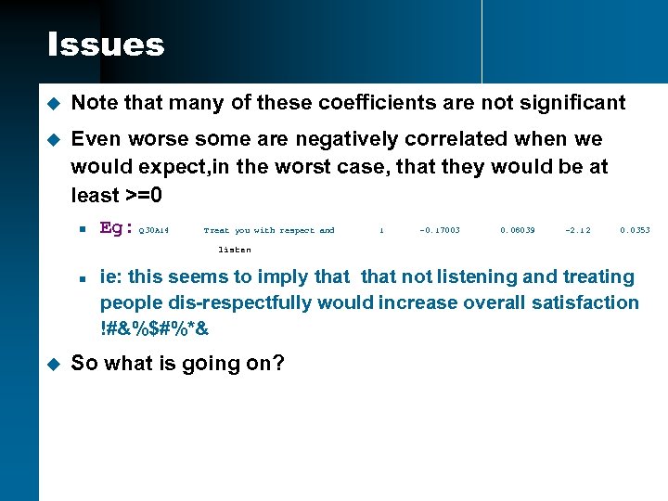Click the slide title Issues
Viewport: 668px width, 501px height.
click(x=106, y=45)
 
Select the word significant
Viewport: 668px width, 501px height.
click(x=572, y=103)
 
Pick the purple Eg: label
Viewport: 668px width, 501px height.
click(x=117, y=228)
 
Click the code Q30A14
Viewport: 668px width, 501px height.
click(x=153, y=230)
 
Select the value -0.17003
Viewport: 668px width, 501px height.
click(x=440, y=230)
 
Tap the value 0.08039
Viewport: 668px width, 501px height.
click(x=518, y=230)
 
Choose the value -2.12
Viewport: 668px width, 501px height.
click(x=577, y=230)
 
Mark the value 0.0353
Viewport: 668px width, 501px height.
click(x=636, y=230)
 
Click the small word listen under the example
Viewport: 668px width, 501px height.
click(x=234, y=250)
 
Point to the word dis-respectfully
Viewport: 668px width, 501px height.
click(x=225, y=302)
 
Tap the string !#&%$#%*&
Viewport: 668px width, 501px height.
click(x=155, y=328)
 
